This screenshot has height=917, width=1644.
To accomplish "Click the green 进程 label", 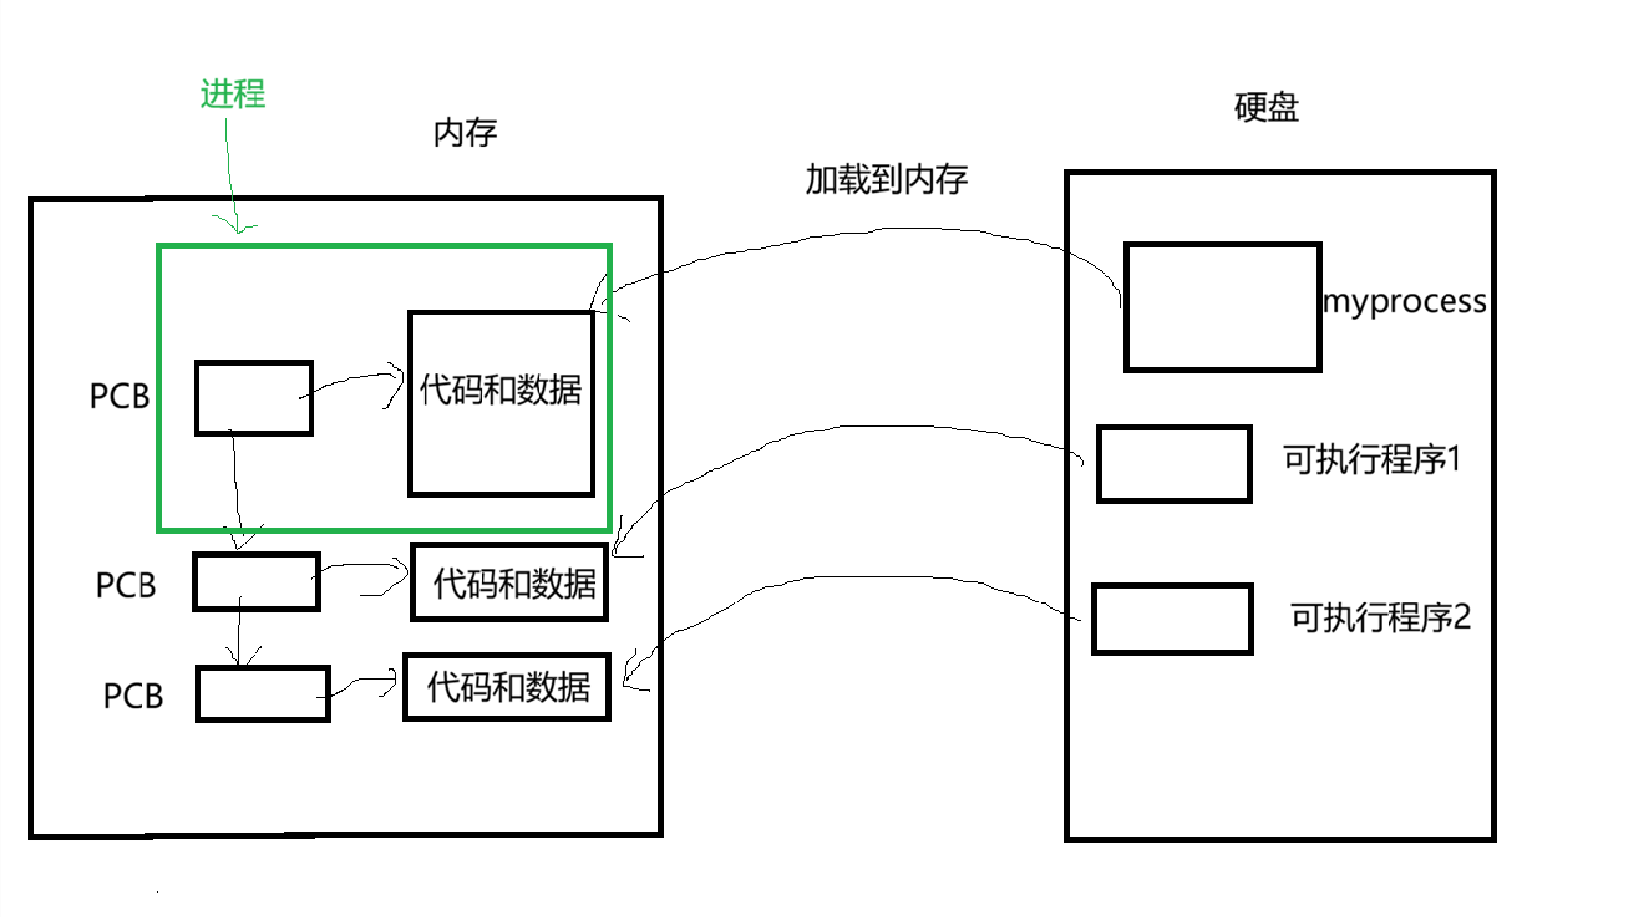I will click(233, 94).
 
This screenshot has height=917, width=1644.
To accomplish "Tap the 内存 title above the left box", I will click(466, 133).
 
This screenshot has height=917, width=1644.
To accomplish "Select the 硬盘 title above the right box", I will click(1266, 107).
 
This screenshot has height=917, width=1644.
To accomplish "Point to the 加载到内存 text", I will click(886, 179).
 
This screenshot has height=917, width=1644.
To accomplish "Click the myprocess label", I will click(1404, 301).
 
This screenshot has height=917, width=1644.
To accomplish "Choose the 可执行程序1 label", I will click(1372, 459).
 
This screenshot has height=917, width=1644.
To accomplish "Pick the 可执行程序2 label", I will click(1380, 617).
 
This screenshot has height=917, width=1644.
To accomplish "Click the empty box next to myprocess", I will click(1221, 307).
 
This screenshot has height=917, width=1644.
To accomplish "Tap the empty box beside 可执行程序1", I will click(1173, 464).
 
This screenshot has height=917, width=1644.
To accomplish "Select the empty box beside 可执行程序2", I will click(1171, 618).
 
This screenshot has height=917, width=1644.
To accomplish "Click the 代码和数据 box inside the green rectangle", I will click(501, 404).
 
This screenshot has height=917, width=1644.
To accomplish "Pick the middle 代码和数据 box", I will click(509, 583).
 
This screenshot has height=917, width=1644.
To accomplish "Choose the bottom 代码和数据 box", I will click(507, 687).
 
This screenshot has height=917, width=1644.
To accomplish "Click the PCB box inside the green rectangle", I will click(254, 398).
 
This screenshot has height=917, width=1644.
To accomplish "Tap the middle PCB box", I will click(256, 582).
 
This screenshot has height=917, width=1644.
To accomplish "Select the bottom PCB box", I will click(262, 695).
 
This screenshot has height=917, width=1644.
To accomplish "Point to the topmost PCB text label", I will click(120, 396).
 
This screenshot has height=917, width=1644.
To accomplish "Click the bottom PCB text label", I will click(133, 696).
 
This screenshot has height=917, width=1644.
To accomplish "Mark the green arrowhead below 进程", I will click(237, 226).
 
